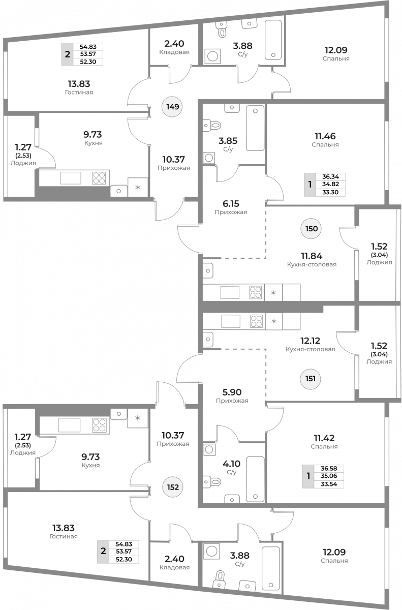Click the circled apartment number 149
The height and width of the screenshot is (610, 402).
(x=173, y=106)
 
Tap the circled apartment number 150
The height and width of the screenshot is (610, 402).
(x=311, y=228)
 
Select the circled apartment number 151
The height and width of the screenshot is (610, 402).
(x=311, y=379)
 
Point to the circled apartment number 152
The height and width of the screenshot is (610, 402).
(x=173, y=487)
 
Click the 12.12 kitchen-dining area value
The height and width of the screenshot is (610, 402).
(x=310, y=341)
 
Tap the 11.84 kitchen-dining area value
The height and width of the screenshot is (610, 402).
(x=312, y=256)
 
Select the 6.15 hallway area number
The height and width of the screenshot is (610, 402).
(x=231, y=203)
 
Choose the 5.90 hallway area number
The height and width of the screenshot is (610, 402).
(x=232, y=392)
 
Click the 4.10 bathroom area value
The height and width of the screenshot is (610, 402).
(x=231, y=464)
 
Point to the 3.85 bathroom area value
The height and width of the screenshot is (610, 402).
(x=228, y=141)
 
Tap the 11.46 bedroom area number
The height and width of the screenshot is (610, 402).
(x=325, y=136)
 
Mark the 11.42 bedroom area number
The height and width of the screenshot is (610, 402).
(x=324, y=438)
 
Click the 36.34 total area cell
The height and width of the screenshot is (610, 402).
(x=330, y=177)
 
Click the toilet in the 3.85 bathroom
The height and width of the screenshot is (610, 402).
(x=212, y=125)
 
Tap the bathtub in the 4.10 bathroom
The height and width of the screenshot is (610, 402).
(x=255, y=479)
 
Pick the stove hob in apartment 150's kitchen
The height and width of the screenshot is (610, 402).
(x=256, y=292)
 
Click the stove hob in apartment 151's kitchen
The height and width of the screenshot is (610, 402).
(x=256, y=321)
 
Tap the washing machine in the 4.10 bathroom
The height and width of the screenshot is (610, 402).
(x=209, y=449)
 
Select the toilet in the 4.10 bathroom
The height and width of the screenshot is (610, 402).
(x=212, y=482)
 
